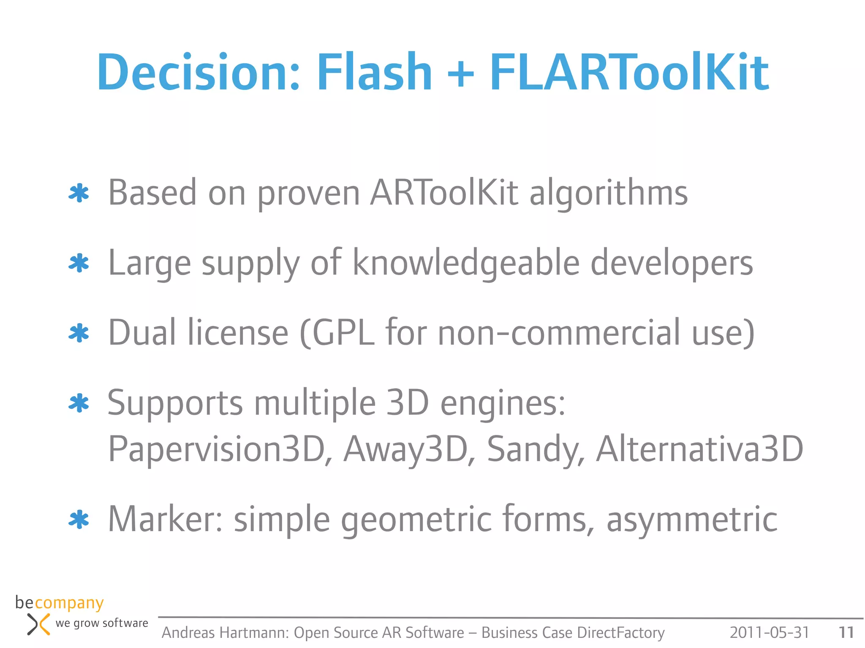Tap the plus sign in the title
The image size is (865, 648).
(x=460, y=73)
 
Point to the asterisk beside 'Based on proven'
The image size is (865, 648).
(x=79, y=194)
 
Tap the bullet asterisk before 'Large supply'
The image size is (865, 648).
(x=79, y=264)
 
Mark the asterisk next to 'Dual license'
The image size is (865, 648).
(x=79, y=334)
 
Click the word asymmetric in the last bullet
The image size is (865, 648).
(x=691, y=520)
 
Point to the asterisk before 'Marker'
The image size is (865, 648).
(x=79, y=520)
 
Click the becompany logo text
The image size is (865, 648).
(x=60, y=603)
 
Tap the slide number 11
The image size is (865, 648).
(x=846, y=632)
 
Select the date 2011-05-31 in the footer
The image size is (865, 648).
(x=769, y=632)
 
